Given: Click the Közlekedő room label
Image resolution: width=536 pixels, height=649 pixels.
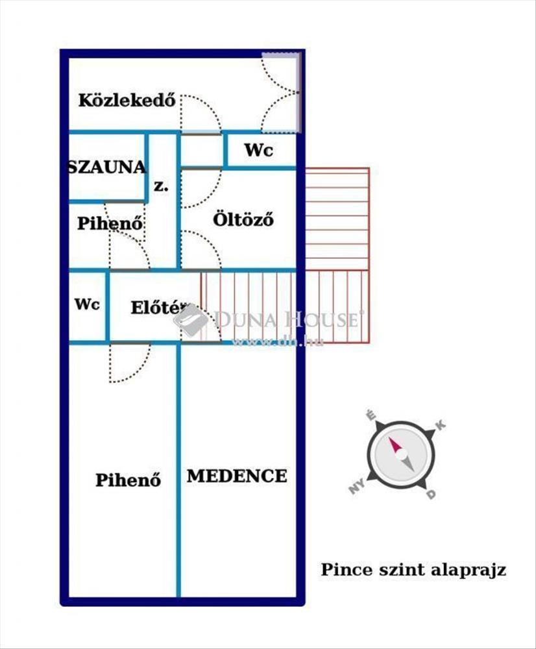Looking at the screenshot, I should [x=128, y=101].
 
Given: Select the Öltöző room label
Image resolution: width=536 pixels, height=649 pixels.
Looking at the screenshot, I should [x=243, y=219].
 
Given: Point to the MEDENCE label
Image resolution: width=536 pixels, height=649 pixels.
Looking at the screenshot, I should [x=237, y=476].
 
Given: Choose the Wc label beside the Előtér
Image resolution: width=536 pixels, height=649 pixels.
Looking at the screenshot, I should [x=87, y=304].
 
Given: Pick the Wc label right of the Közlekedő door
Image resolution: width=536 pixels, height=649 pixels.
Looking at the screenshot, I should [x=258, y=151].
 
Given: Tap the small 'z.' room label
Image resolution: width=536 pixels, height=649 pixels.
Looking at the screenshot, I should [x=160, y=186].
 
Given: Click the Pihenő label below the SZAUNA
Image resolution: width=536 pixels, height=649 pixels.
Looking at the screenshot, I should [x=110, y=223].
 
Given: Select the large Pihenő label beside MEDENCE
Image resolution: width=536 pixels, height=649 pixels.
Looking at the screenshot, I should [x=128, y=480].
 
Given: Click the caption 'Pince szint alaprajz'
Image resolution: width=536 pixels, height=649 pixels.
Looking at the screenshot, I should [x=413, y=570].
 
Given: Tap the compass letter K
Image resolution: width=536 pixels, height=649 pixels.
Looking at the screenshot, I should [x=440, y=426].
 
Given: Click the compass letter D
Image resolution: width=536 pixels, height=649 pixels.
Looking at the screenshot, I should [x=431, y=495].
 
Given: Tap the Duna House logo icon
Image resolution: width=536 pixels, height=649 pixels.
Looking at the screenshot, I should [x=192, y=320].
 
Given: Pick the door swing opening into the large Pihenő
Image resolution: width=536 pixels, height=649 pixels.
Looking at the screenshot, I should [x=127, y=363].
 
